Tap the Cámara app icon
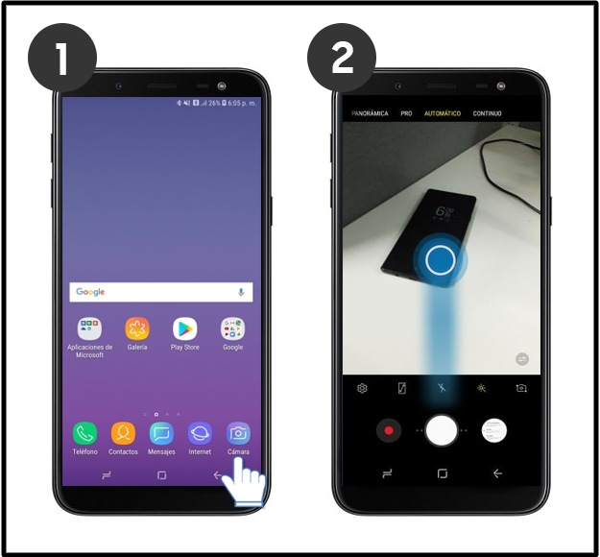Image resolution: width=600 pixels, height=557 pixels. [237, 433]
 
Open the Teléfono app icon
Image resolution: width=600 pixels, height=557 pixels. [84, 433]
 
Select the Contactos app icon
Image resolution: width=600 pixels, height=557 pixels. [123, 433]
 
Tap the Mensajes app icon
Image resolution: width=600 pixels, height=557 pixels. [161, 433]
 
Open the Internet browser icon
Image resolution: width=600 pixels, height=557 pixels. [200, 433]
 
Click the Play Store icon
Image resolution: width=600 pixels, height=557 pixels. [184, 329]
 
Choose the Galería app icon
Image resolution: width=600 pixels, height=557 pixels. [137, 329]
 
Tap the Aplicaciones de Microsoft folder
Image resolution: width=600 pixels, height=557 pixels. [89, 329]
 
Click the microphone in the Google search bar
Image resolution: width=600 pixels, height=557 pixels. [241, 292]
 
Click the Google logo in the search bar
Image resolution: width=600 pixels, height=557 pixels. [90, 292]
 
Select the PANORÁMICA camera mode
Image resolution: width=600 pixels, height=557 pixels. [370, 113]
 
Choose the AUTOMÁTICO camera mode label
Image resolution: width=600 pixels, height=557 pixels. [443, 113]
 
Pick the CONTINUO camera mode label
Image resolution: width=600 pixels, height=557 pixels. [488, 113]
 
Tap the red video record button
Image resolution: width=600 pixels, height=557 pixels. [389, 431]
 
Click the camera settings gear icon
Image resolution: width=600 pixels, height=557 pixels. [362, 389]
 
